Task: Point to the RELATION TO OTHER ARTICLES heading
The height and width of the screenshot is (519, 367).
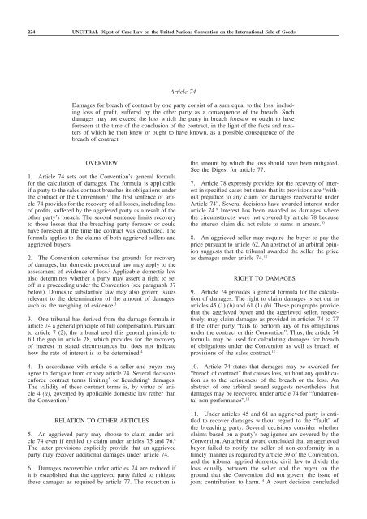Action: [101, 400]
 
